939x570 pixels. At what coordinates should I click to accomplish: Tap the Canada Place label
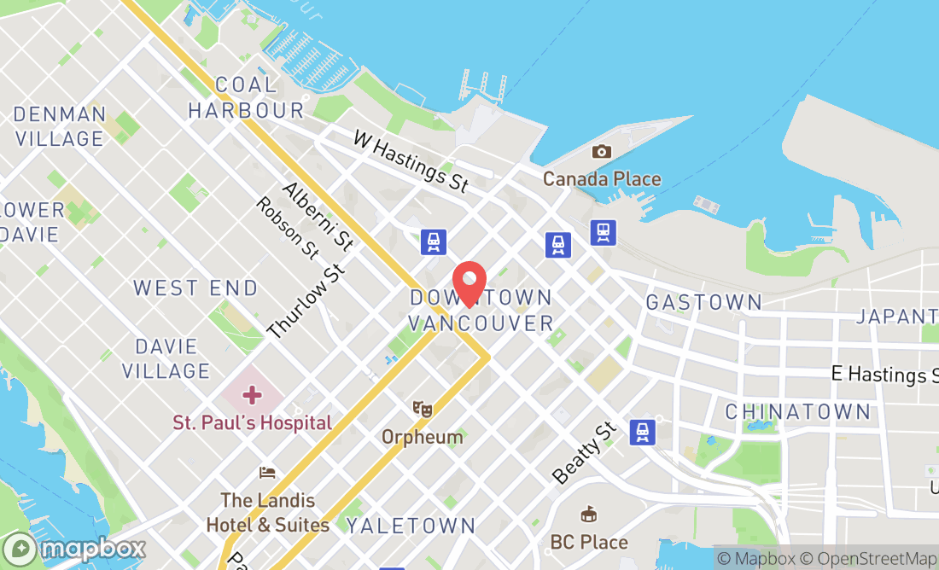602,179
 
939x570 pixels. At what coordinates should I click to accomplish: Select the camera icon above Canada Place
602,152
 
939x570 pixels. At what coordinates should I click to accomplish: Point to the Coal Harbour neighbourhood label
246,97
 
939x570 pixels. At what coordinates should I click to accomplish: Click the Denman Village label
60,126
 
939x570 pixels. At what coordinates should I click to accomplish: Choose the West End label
195,288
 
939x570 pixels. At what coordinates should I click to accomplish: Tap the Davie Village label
166,359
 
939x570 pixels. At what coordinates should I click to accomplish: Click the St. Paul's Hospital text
252,422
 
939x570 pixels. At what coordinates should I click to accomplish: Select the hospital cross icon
252,395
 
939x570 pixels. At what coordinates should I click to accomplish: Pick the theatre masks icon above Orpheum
422,410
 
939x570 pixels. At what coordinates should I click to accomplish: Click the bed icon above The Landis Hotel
268,473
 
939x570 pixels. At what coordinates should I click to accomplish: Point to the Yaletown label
411,526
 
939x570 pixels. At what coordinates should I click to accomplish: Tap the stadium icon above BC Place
588,515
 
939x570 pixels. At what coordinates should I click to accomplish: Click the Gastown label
703,302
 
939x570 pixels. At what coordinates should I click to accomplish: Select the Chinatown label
797,412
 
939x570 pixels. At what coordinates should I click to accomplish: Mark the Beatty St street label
584,452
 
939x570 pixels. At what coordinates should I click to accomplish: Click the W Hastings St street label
411,161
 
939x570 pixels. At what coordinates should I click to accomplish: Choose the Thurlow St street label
306,300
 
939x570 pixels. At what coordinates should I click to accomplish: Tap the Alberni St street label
318,216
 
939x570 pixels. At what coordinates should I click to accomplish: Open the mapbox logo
74,549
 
